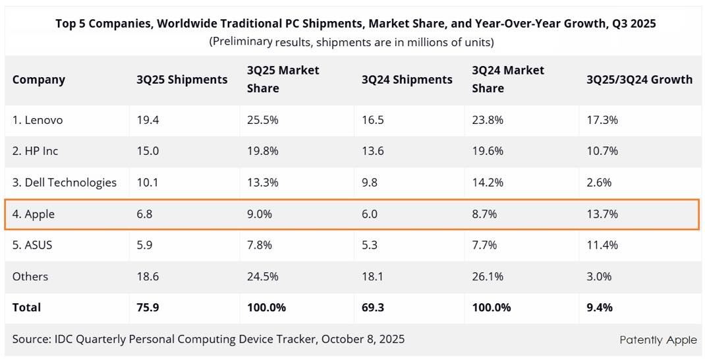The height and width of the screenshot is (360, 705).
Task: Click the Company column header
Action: (x=39, y=80)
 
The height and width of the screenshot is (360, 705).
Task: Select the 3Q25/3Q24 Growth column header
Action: (x=639, y=80)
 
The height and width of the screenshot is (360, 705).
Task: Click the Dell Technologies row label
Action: (x=64, y=183)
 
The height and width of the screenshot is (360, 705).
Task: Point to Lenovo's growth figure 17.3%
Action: (x=602, y=120)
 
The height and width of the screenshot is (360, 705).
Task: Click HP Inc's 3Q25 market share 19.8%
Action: (x=263, y=151)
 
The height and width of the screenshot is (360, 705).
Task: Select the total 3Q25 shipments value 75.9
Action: (x=148, y=307)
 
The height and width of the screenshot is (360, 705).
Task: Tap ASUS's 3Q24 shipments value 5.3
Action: (x=370, y=245)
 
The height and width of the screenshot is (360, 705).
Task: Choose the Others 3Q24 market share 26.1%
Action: (x=488, y=276)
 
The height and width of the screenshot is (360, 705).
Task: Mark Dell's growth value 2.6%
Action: (x=599, y=183)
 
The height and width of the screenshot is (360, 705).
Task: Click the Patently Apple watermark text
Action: (x=658, y=340)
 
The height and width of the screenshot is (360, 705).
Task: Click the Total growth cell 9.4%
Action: (x=600, y=307)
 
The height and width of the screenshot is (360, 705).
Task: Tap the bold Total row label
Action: (x=26, y=307)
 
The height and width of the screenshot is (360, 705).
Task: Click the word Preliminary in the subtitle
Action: (x=241, y=42)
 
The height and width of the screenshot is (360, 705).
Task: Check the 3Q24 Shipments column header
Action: (x=407, y=80)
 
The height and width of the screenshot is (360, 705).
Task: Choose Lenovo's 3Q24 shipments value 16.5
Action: (x=372, y=120)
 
